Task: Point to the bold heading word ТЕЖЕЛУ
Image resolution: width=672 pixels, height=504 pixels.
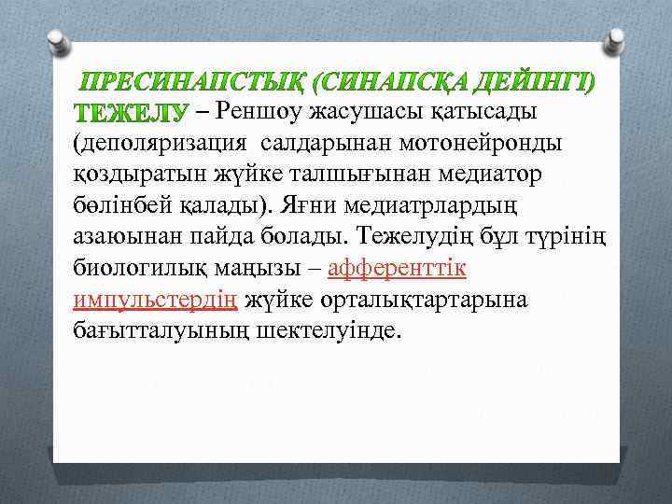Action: (130, 114)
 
